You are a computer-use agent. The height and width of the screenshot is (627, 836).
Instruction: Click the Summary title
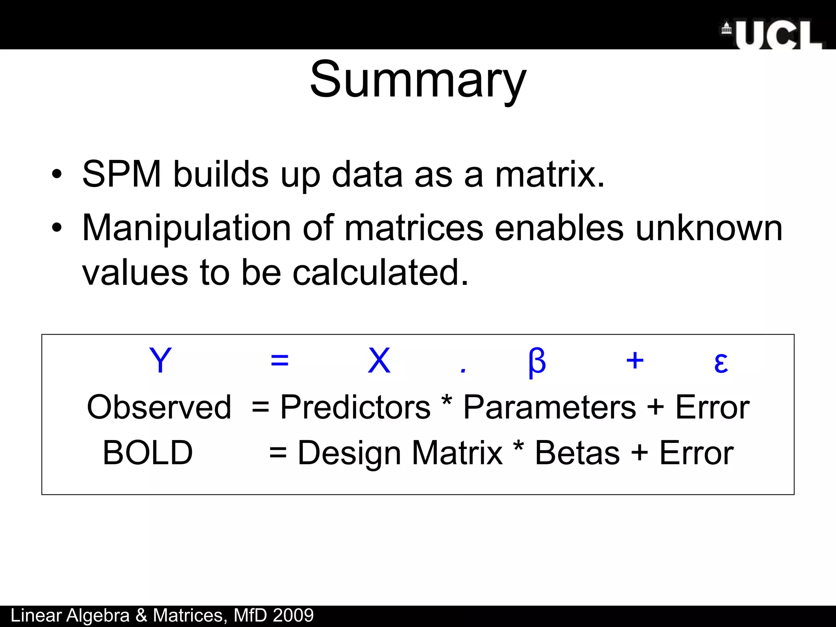click(418, 80)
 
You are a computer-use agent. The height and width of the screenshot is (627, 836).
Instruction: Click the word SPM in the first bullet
click(122, 174)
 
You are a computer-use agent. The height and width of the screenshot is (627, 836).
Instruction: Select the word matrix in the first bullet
click(549, 174)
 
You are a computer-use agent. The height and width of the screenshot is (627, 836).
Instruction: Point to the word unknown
click(709, 229)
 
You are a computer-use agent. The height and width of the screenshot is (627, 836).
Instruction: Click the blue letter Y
click(160, 360)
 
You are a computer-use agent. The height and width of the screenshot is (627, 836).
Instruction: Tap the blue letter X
click(379, 360)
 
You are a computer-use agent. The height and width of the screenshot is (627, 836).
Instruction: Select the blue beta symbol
click(536, 362)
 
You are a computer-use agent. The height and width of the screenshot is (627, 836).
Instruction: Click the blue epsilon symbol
click(721, 362)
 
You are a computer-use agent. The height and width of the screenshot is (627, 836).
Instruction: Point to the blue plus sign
click(635, 361)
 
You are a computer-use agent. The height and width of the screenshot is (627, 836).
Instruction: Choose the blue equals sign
click(280, 361)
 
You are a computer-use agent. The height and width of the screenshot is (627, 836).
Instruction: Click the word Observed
click(159, 407)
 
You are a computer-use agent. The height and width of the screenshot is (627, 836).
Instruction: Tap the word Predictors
click(355, 407)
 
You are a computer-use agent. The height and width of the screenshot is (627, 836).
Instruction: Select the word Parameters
click(549, 407)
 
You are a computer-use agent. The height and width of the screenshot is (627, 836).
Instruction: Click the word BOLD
click(148, 453)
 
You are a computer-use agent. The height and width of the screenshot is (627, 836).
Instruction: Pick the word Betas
click(577, 453)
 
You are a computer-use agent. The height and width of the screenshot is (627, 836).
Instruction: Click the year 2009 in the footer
click(293, 616)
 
